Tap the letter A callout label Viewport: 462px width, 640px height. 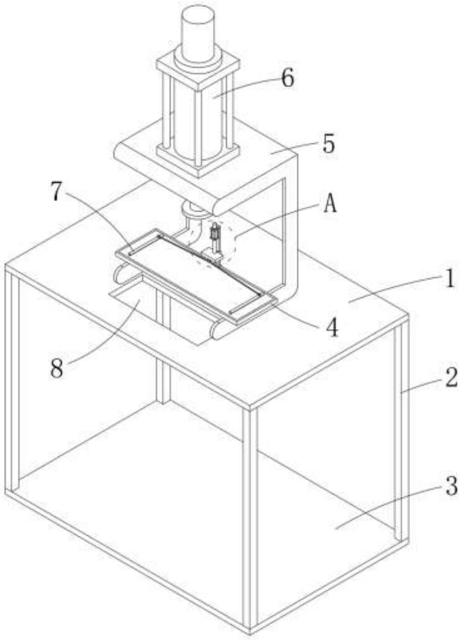pos(330,205)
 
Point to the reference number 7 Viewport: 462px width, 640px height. pos(56,192)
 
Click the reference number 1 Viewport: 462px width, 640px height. pos(450,279)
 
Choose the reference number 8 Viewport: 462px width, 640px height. pos(57,369)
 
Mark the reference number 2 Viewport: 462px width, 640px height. pos(451,377)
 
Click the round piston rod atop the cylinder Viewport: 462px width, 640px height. pos(198,30)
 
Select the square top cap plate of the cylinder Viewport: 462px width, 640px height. pos(198,72)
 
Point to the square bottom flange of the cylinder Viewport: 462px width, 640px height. pos(198,160)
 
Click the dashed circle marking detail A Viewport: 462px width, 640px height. pos(235,240)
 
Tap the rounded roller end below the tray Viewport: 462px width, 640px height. pos(218,330)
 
